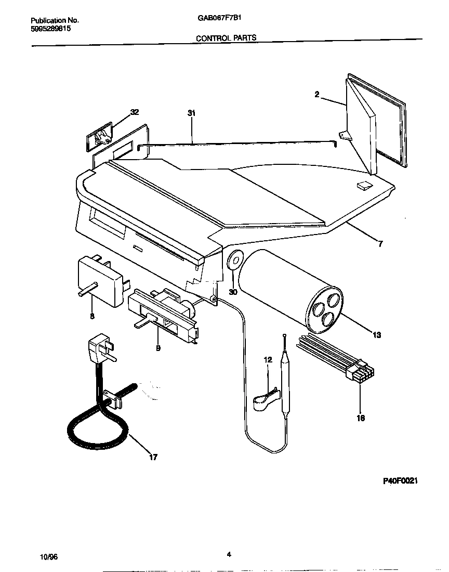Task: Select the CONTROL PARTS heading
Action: click(226, 38)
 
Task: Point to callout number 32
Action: click(135, 112)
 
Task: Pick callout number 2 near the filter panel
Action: click(316, 94)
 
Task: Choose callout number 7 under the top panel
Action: click(380, 243)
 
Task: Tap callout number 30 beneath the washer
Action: click(233, 292)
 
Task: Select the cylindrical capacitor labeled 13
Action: click(291, 290)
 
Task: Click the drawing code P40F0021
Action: click(400, 482)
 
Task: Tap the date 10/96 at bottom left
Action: click(48, 556)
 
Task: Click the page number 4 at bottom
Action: click(229, 554)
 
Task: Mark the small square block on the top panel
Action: click(364, 186)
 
